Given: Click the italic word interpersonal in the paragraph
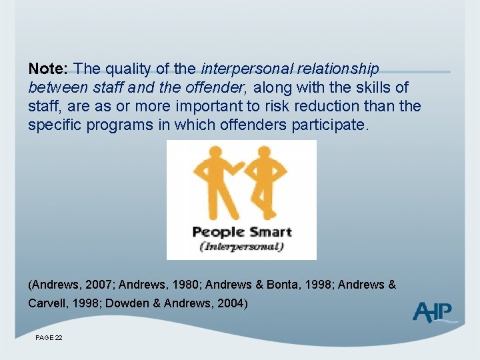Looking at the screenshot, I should pyautogui.click(x=241, y=69).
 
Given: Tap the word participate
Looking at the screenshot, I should pyautogui.click(x=330, y=125).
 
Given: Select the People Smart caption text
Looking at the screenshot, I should pyautogui.click(x=241, y=233).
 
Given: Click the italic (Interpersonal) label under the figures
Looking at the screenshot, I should pyautogui.click(x=241, y=246).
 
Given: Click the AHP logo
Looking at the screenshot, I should pyautogui.click(x=433, y=312).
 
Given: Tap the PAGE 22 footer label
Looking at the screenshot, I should pyautogui.click(x=49, y=338).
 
